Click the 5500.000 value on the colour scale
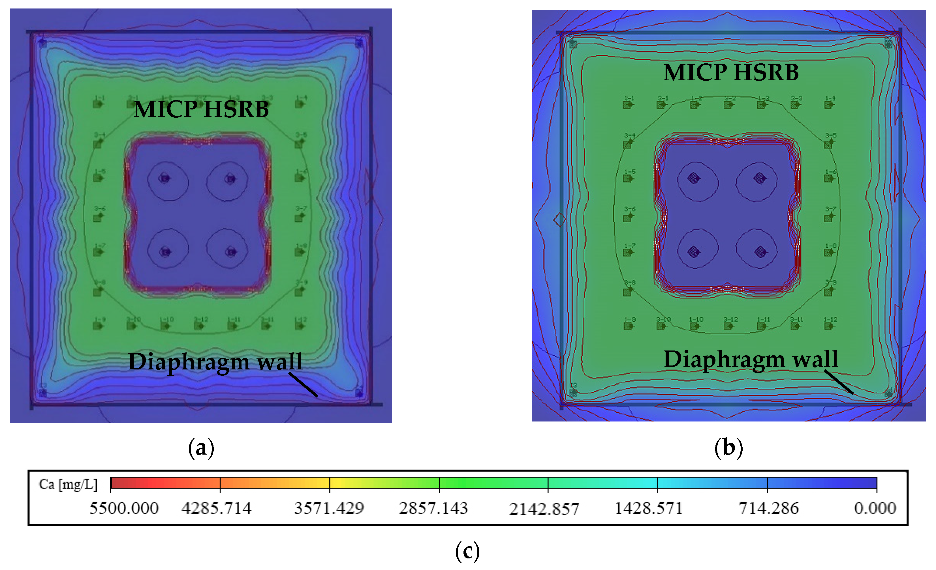pos(124,508)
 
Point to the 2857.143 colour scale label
pos(433,508)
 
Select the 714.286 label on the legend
pos(768,508)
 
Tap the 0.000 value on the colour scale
pos(875,508)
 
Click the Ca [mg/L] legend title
pos(68,484)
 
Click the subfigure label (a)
pos(201,448)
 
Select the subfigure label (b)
pos(728,448)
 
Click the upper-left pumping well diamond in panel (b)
pos(694,178)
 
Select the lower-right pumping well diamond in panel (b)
pos(760,251)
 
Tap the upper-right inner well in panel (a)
pos(230,178)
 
